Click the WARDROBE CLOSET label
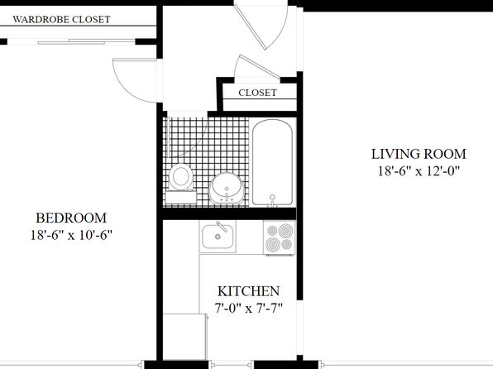click(x=61, y=20)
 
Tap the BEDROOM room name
click(x=71, y=218)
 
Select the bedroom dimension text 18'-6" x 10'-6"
click(x=71, y=235)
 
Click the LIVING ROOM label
click(x=419, y=154)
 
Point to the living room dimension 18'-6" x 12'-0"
click(x=419, y=171)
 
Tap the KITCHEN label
click(x=248, y=291)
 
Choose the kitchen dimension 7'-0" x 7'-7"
click(x=248, y=309)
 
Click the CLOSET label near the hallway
click(x=257, y=93)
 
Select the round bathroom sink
click(x=227, y=188)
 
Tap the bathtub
click(x=273, y=163)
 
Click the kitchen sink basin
click(x=218, y=237)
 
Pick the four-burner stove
click(x=280, y=237)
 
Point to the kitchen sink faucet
click(x=222, y=227)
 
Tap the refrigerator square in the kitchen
click(x=185, y=337)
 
